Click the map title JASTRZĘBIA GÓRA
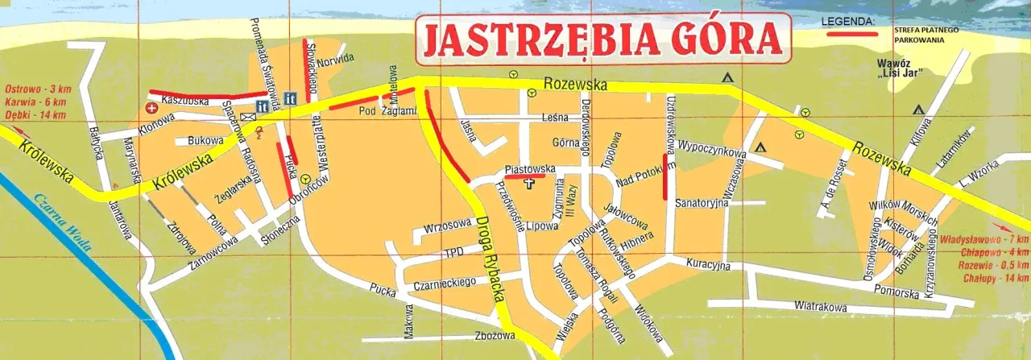pyautogui.click(x=600, y=38)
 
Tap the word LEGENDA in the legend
pyautogui.click(x=848, y=20)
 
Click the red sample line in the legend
pyautogui.click(x=854, y=35)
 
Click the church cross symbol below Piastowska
pyautogui.click(x=529, y=184)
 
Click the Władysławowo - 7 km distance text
pyautogui.click(x=984, y=240)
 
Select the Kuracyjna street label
pyautogui.click(x=708, y=264)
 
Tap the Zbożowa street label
pyautogui.click(x=494, y=336)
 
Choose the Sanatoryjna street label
pyautogui.click(x=702, y=202)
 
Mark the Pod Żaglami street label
pyautogui.click(x=376, y=111)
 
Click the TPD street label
pyautogui.click(x=454, y=254)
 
